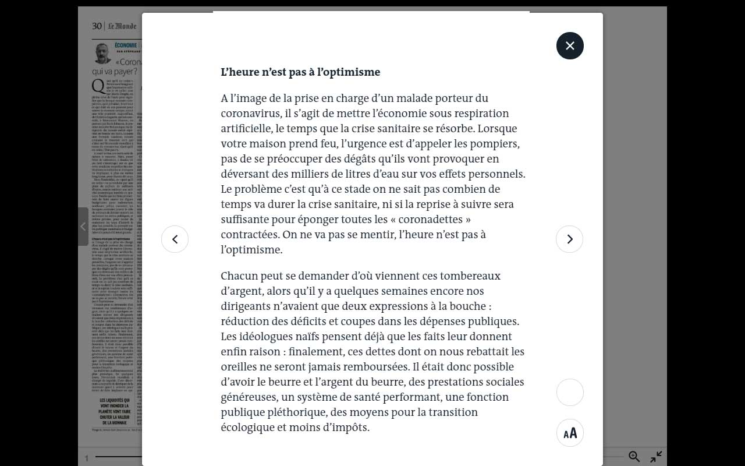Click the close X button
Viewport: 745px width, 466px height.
coord(570,45)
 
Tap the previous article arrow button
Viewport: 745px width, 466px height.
coord(175,239)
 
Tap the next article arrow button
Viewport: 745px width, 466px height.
coord(569,239)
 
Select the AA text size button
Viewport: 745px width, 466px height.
coord(570,433)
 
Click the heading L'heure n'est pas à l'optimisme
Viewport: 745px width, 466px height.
coord(300,72)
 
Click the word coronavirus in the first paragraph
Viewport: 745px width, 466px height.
coord(248,113)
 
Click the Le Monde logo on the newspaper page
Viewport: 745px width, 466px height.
coord(122,26)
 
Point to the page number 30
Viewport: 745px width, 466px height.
coord(97,26)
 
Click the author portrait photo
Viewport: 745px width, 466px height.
coord(102,52)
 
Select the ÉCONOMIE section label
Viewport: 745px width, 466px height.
coord(126,45)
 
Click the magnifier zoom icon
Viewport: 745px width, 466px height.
coord(634,457)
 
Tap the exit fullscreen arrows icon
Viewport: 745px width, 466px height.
coord(656,457)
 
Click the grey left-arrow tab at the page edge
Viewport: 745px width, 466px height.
coord(83,227)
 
